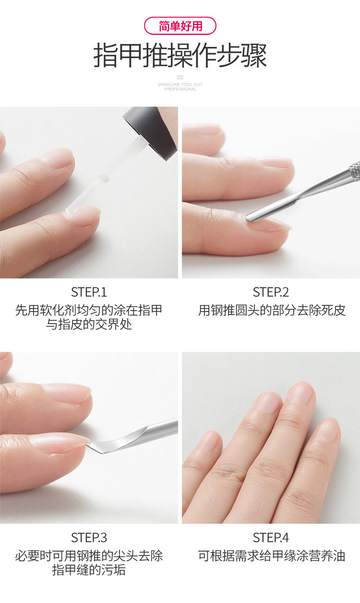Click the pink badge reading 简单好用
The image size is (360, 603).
pyautogui.click(x=180, y=26)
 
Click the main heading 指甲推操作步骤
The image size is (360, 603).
pyautogui.click(x=180, y=56)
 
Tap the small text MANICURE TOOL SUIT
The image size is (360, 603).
pyautogui.click(x=180, y=84)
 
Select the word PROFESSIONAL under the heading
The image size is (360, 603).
pyautogui.click(x=180, y=89)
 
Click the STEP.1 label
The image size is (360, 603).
pyautogui.click(x=89, y=292)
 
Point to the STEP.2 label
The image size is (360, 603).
pyautogui.click(x=271, y=292)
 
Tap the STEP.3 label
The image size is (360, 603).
pyautogui.click(x=89, y=538)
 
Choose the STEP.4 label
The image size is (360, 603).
pyautogui.click(x=271, y=538)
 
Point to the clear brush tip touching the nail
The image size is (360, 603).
pyautogui.click(x=72, y=209)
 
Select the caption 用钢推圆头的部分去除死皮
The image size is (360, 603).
pyautogui.click(x=272, y=311)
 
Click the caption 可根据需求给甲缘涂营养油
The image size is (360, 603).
pyautogui.click(x=272, y=555)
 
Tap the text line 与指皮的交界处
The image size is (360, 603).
pyautogui.click(x=89, y=325)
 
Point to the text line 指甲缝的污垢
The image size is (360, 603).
pyautogui.click(x=89, y=570)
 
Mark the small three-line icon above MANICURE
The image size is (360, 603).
pyautogui.click(x=180, y=77)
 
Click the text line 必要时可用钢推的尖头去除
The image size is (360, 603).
pyautogui.click(x=89, y=555)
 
